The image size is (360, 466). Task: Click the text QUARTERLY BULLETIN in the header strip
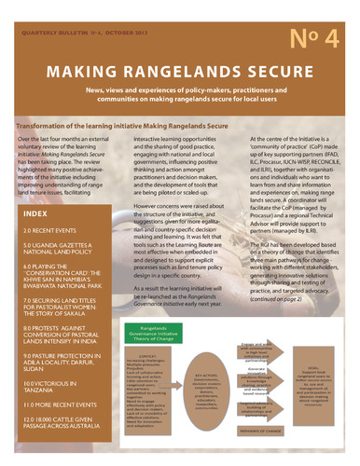tap(56, 6)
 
